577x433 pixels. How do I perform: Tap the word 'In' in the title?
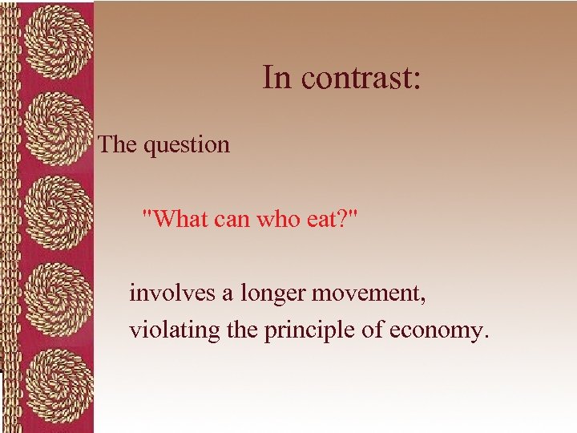pyautogui.click(x=276, y=78)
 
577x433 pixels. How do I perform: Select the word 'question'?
pyautogui.click(x=187, y=145)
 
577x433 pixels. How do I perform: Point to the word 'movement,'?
pyautogui.click(x=369, y=293)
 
